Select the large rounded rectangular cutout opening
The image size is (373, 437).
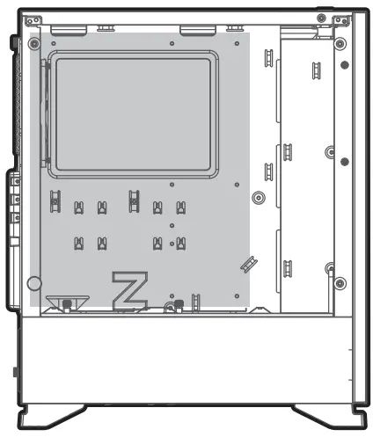(132, 112)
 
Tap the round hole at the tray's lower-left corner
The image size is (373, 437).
(34, 284)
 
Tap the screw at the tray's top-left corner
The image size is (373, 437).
(33, 43)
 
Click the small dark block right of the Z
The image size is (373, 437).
(179, 304)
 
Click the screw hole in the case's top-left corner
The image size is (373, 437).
(32, 18)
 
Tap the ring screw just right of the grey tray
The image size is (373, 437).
(258, 197)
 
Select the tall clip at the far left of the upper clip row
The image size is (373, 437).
(55, 201)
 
